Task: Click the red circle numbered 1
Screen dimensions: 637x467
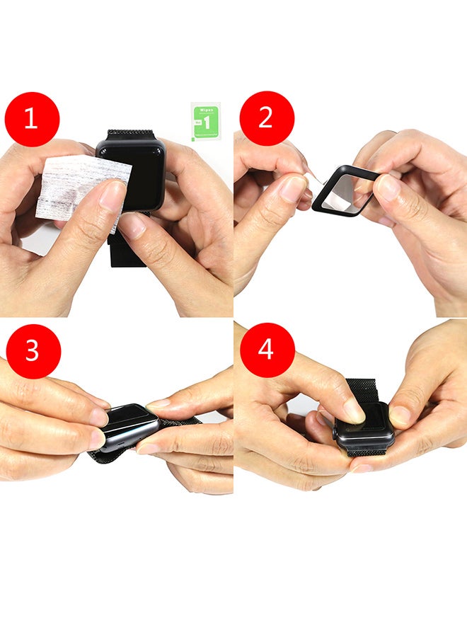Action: pyautogui.click(x=32, y=118)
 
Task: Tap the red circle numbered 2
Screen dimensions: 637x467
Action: pyautogui.click(x=267, y=118)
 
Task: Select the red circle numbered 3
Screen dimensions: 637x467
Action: pyautogui.click(x=33, y=351)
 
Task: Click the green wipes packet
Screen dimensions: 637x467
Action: pyautogui.click(x=206, y=122)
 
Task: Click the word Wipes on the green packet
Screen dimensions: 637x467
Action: pyautogui.click(x=206, y=111)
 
